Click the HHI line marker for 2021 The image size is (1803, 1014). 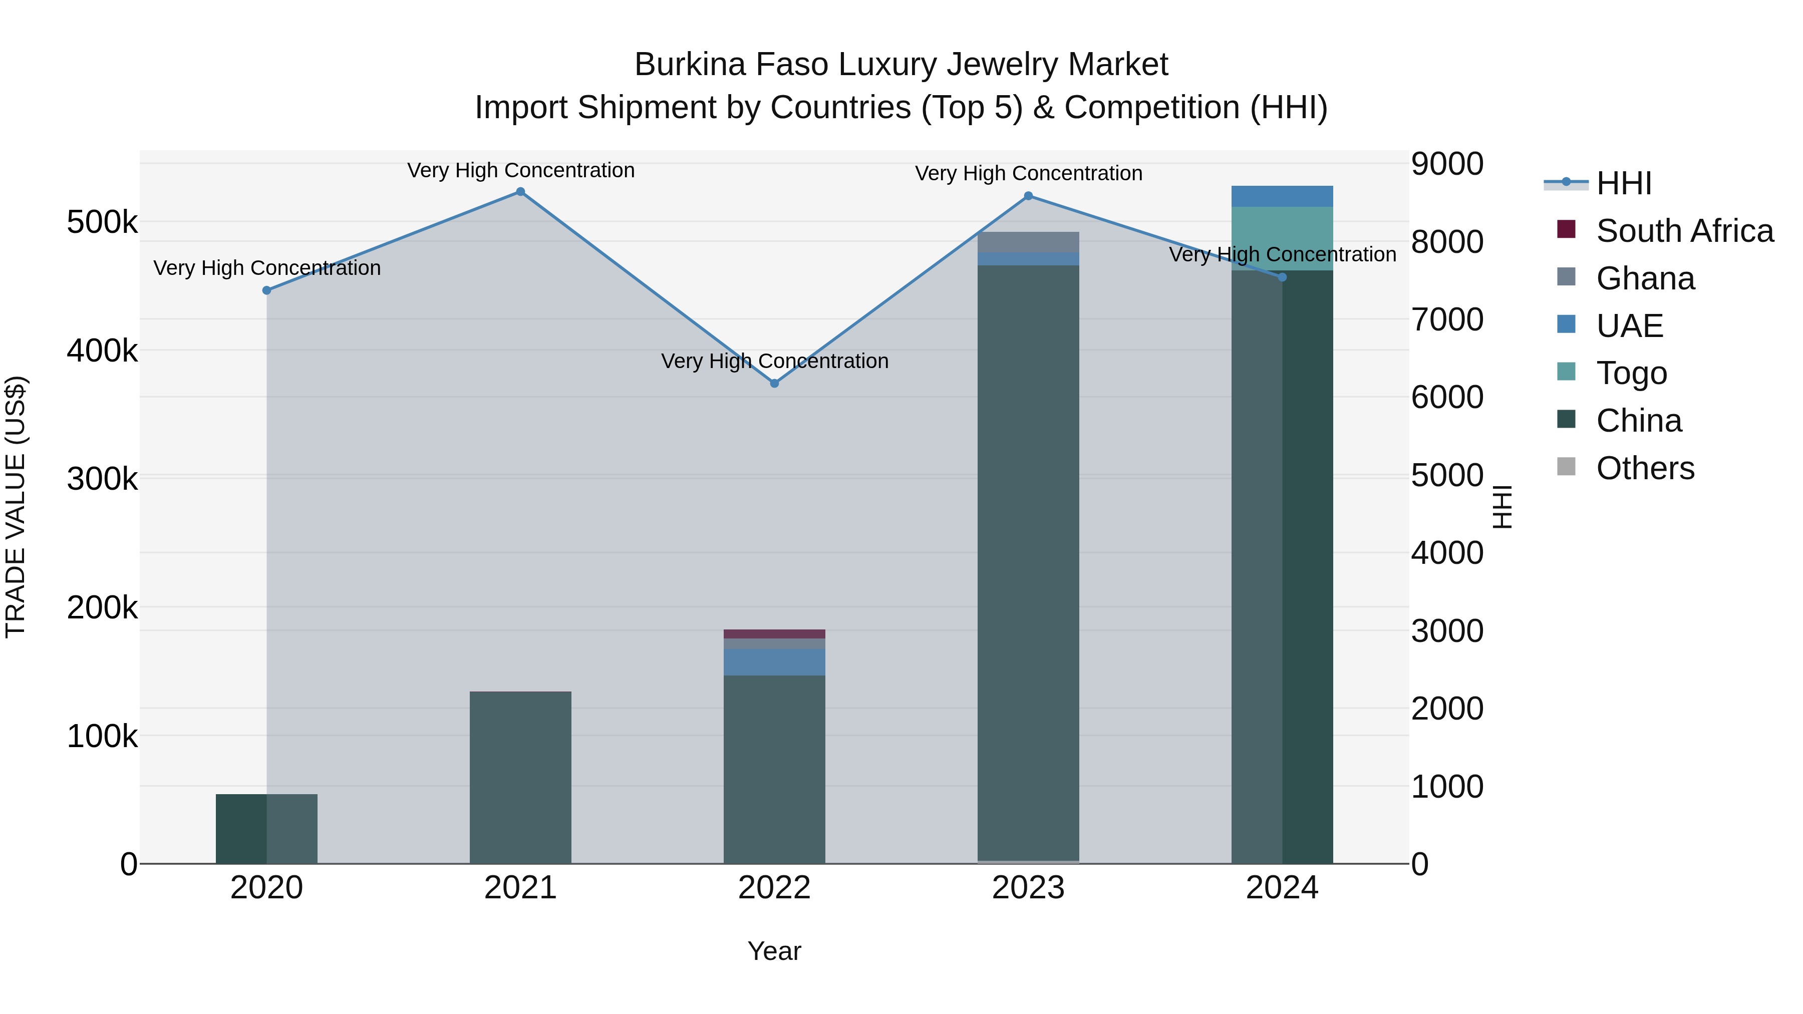coord(520,192)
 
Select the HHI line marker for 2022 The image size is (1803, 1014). coord(774,384)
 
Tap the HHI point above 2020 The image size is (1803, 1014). coord(266,290)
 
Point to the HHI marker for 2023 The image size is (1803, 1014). coord(1028,196)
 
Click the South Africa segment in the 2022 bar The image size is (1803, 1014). coord(774,634)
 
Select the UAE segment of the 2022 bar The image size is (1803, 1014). coord(774,662)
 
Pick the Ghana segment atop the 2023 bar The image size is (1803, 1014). coord(1028,242)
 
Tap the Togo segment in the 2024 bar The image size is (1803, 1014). coord(1282,239)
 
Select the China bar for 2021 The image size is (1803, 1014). coord(520,777)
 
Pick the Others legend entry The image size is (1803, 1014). coord(1645,468)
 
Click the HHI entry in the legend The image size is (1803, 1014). coord(1623,183)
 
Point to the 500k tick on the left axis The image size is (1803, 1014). coord(102,222)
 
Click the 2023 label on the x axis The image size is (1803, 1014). coord(1028,888)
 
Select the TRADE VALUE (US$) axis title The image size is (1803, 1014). coord(16,507)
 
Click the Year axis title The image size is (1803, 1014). coord(774,951)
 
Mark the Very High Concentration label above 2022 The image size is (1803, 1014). coord(774,361)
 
